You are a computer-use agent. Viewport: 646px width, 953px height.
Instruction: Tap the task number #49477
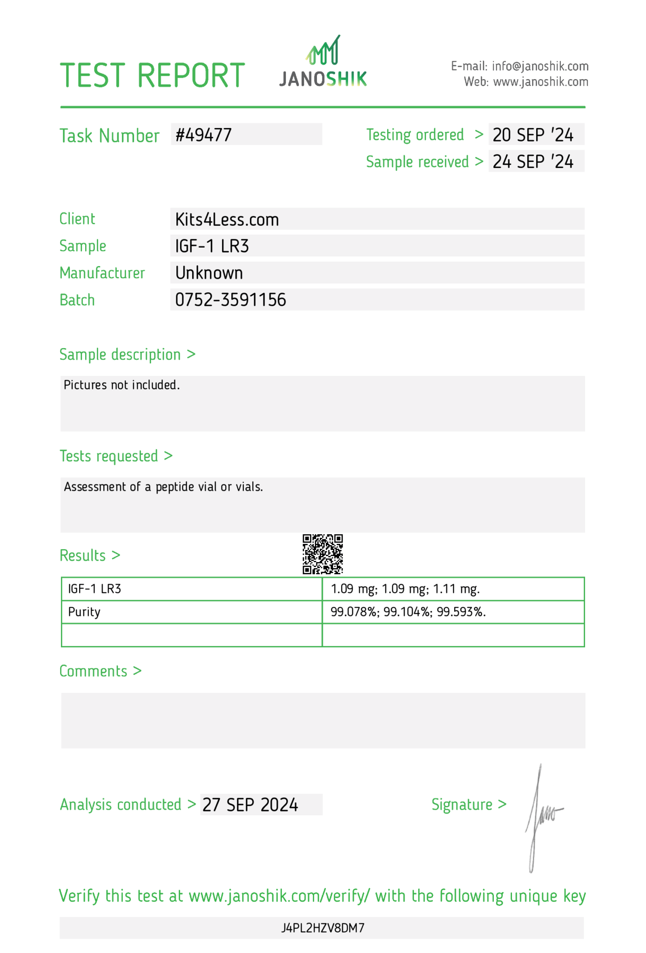(x=203, y=135)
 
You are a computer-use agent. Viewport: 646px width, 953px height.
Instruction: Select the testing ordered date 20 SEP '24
(x=533, y=135)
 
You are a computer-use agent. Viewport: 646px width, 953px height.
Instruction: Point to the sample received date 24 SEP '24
(x=533, y=161)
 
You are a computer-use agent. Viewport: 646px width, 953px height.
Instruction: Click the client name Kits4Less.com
(x=227, y=220)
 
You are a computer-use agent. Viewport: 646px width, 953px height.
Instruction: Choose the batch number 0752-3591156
(x=230, y=300)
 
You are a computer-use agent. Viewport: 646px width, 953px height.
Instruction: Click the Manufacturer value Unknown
(x=209, y=273)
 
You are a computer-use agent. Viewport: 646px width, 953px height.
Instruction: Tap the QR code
(x=323, y=554)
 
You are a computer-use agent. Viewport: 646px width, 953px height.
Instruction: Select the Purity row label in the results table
(x=84, y=612)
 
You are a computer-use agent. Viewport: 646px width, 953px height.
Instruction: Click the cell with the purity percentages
(x=408, y=612)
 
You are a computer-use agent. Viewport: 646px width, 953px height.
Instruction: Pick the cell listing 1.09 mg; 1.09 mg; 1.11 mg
(x=405, y=589)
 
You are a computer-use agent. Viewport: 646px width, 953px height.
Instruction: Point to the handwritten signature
(x=542, y=817)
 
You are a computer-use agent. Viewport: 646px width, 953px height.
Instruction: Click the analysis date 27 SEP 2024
(x=250, y=805)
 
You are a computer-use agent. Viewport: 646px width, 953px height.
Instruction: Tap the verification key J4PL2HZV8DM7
(x=323, y=928)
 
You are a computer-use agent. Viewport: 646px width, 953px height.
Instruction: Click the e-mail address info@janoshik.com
(x=540, y=66)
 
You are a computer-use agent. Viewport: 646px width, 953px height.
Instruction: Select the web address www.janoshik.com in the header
(x=540, y=82)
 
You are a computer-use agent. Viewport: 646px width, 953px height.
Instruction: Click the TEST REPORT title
(x=152, y=75)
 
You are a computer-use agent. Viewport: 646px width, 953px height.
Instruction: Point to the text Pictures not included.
(x=121, y=385)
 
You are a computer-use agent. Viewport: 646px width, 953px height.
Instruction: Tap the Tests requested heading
(x=116, y=456)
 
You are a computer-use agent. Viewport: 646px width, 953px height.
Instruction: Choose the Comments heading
(x=100, y=671)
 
